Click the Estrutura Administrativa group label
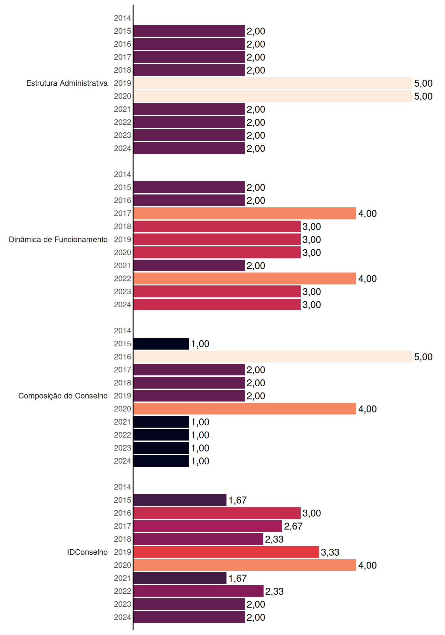[67, 83]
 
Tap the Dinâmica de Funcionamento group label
[58, 239]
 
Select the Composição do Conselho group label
[63, 396]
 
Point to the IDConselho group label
[87, 552]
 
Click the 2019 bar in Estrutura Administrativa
[273, 83]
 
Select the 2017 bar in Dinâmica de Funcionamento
[245, 213]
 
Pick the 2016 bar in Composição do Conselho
[273, 357]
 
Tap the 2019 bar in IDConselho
[226, 552]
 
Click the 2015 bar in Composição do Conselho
[161, 344]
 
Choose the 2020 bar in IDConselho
[245, 565]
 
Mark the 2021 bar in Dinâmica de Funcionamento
[189, 266]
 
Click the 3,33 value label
[330, 552]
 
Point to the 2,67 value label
[293, 526]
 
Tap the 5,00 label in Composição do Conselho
[423, 357]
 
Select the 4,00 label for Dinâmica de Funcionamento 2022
[368, 279]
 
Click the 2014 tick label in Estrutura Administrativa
[123, 18]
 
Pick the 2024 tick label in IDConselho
[123, 617]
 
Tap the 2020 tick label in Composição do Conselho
[123, 409]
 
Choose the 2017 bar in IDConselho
[208, 526]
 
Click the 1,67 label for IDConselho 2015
[237, 500]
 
